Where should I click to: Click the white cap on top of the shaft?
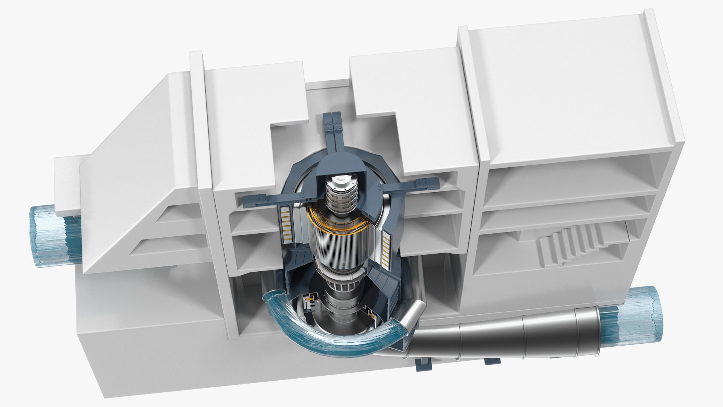[x=340, y=181]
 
